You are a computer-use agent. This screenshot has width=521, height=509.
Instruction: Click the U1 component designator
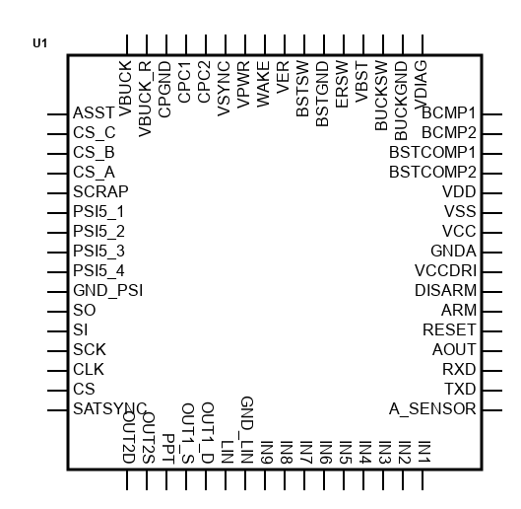pos(39,43)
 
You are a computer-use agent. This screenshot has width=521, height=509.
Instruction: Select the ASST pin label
pos(94,113)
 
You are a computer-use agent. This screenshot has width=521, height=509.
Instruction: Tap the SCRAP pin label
pos(100,191)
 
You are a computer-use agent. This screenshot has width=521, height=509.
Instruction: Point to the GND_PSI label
pos(108,291)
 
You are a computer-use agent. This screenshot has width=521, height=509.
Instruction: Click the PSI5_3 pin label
pos(98,251)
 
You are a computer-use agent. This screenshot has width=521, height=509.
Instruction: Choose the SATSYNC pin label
pos(109,408)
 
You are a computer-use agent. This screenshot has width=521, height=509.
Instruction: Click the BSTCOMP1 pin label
pos(432,153)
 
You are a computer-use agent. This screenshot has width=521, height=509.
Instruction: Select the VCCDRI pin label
pos(445,270)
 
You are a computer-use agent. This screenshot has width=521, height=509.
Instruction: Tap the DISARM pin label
pos(445,291)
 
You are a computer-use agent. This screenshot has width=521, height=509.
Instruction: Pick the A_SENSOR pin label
pos(432,408)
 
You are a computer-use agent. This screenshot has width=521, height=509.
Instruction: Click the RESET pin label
pos(449,329)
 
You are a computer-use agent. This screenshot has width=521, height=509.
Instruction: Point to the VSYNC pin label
pos(224,89)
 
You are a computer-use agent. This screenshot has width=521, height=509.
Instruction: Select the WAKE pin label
pos(263,84)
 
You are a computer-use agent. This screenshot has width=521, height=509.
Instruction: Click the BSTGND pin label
pos(322,94)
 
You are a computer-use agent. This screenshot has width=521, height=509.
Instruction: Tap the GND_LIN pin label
pos(247,430)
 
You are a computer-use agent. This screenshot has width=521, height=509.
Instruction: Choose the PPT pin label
pos(168,449)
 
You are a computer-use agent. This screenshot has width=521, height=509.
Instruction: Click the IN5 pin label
pos(346,452)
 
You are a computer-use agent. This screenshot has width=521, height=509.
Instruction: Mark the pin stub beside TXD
pos(492,391)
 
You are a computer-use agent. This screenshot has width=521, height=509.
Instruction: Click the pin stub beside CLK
pos(57,371)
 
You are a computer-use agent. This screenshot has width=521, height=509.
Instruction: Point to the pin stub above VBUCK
pos(127,44)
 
